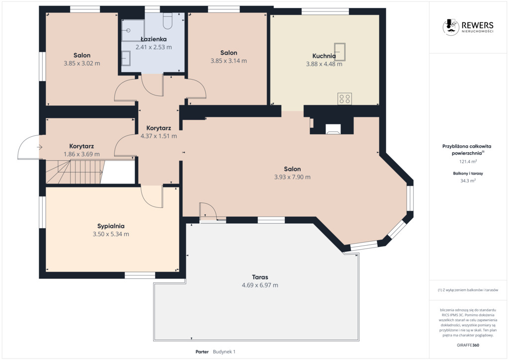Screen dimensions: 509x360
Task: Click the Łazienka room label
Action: click(154, 39)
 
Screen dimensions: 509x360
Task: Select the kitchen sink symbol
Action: click(340, 52)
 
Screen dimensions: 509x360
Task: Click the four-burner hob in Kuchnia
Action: click(344, 98)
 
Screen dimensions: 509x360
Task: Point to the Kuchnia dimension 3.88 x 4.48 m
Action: click(324, 64)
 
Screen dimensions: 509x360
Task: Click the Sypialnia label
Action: click(111, 226)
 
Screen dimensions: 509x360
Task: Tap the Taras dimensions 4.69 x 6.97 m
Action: click(259, 285)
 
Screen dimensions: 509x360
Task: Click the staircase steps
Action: click(75, 172)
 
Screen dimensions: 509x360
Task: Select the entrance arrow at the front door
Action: click(40, 147)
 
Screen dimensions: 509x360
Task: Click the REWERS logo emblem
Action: click(451, 27)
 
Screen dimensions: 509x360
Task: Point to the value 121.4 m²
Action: click(468, 161)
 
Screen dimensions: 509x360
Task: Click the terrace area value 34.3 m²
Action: click(468, 180)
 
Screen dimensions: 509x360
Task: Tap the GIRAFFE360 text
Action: click(468, 345)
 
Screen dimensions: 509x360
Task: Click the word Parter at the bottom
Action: click(202, 352)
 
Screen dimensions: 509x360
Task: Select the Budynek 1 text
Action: click(224, 352)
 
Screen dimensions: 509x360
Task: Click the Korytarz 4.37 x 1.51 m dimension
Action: click(159, 136)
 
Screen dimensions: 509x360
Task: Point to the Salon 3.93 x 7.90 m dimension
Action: click(292, 177)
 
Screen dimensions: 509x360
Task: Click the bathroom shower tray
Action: click(133, 30)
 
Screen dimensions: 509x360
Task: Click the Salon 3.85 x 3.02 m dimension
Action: click(82, 63)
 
